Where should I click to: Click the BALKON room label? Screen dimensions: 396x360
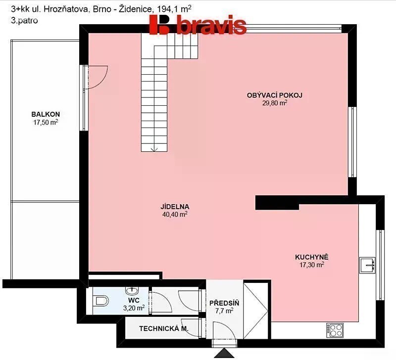coord(46,114)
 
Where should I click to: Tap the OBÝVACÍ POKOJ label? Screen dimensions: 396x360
coord(275,95)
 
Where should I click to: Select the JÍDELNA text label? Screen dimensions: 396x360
coord(175,207)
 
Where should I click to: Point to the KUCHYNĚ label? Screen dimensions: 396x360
coord(312,257)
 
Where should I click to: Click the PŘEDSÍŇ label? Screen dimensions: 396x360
coord(224,303)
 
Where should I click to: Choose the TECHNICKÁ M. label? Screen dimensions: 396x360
coord(164,329)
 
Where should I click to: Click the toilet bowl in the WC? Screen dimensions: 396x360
coord(101,301)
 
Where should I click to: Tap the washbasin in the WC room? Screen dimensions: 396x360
coord(132,290)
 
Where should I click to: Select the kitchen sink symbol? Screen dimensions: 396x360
coord(367,265)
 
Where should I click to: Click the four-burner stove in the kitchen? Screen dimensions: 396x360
coord(335,330)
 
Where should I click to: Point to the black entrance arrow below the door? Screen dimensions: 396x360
coord(224,353)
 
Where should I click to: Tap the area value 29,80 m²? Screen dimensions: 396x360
coord(275,103)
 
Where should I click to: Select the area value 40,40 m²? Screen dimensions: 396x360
coord(175,215)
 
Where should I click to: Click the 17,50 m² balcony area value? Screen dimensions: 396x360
coord(46,122)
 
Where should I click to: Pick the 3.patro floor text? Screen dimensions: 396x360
coord(24,20)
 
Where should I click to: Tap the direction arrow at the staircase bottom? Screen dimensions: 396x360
coord(154,149)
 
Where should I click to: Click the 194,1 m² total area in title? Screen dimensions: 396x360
coord(174,9)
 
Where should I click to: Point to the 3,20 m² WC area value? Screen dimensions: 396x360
coord(134,308)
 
